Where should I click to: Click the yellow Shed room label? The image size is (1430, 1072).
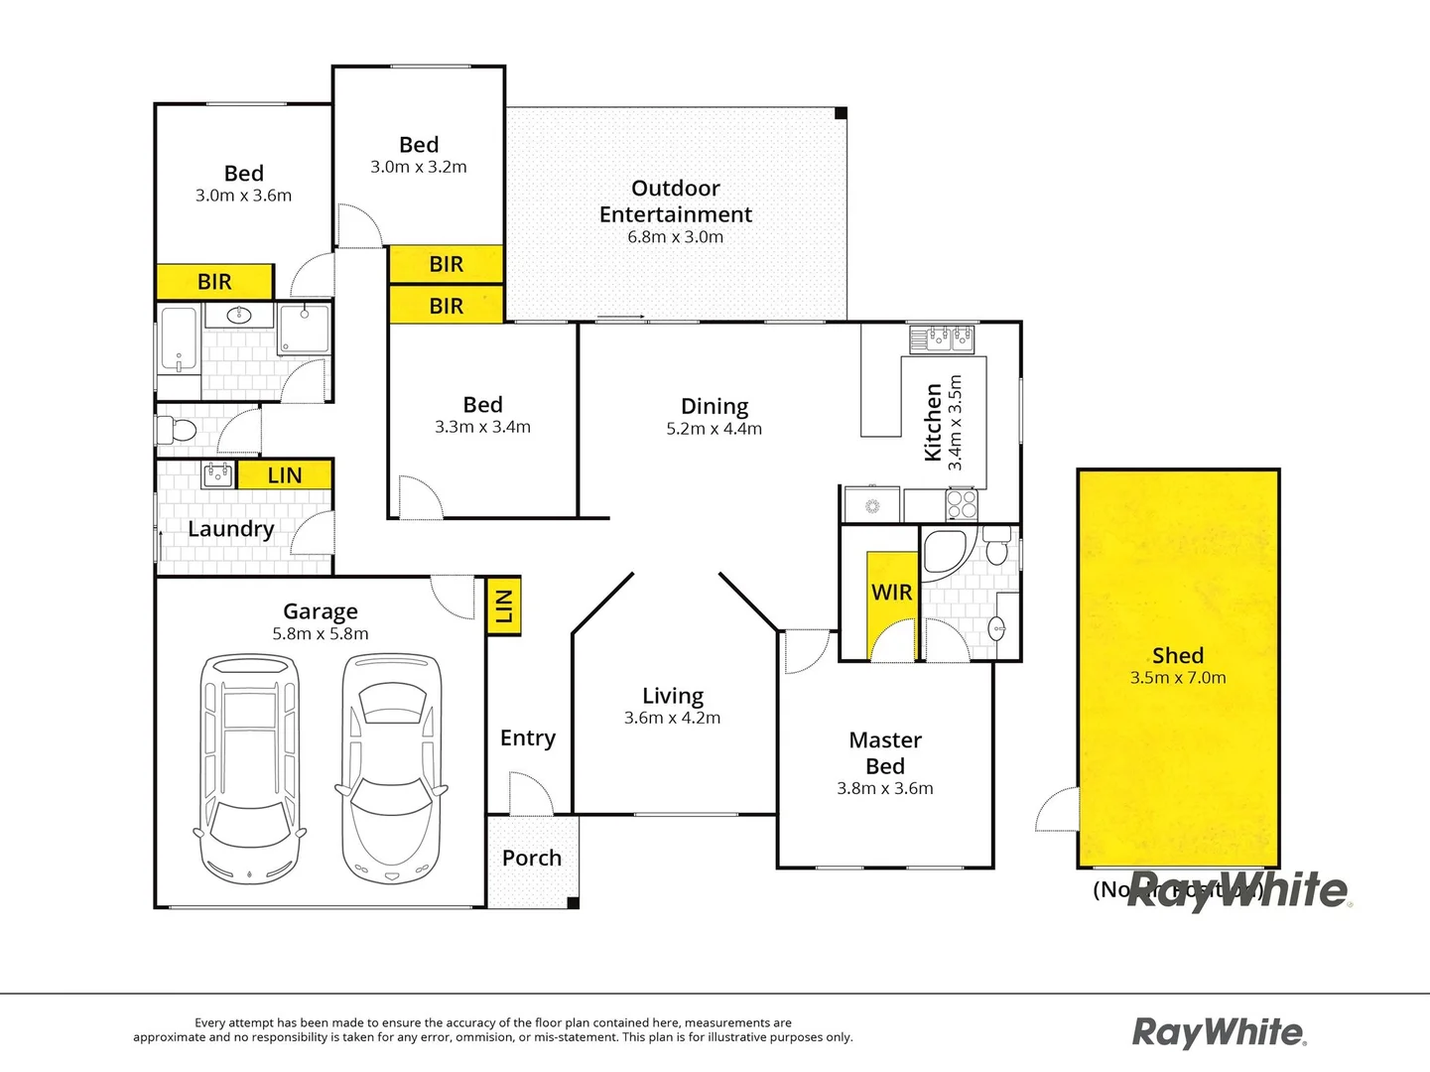click(1178, 656)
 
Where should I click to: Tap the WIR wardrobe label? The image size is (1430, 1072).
click(891, 593)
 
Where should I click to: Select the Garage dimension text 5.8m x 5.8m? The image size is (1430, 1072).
click(321, 634)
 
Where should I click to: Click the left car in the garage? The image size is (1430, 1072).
click(248, 769)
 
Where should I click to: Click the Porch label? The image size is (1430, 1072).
click(532, 859)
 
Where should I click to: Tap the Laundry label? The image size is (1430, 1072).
click(230, 529)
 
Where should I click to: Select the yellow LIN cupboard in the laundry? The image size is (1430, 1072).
click(285, 475)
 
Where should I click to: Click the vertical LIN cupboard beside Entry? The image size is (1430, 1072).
click(504, 605)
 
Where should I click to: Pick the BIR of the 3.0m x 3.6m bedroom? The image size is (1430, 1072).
click(214, 282)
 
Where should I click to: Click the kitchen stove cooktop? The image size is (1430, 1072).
click(961, 504)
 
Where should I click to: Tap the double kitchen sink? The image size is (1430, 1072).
click(942, 338)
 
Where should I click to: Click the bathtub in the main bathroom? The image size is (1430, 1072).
click(179, 340)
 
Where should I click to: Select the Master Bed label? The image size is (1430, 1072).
click(885, 753)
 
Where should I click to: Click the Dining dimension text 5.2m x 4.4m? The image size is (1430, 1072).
click(714, 429)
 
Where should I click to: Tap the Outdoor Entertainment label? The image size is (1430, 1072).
click(676, 201)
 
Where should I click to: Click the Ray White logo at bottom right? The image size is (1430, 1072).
click(1220, 1032)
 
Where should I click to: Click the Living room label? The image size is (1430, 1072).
click(673, 696)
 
